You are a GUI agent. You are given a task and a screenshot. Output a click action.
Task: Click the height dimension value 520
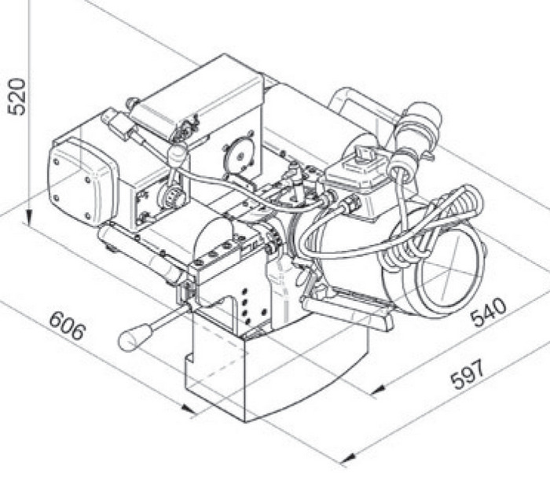[x=16, y=97]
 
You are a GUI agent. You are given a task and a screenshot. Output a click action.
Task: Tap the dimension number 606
[x=68, y=326]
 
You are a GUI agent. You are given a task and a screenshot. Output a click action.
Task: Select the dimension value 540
[x=489, y=312]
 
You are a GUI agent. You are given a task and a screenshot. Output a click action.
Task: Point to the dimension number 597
[x=468, y=375]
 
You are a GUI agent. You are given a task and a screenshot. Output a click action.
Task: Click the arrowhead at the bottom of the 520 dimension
[x=29, y=218]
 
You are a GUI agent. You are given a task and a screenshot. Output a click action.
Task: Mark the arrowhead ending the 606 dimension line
[x=189, y=409]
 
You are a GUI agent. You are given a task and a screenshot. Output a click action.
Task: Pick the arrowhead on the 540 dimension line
[x=378, y=389]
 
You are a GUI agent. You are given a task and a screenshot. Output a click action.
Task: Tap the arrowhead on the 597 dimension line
[x=347, y=458]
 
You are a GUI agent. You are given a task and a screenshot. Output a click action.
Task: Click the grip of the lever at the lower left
[x=134, y=337]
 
